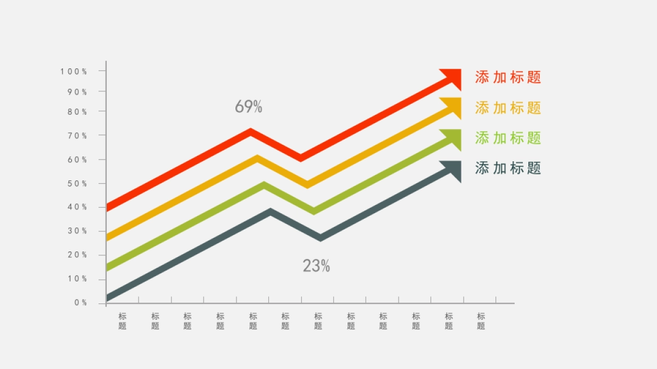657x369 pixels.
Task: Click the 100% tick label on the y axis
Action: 74,71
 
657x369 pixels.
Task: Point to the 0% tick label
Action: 80,303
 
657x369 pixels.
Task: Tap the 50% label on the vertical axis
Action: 77,184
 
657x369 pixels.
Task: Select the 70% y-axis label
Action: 77,136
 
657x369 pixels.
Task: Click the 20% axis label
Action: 77,255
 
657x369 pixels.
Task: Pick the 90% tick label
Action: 77,92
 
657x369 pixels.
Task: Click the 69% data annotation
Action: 249,107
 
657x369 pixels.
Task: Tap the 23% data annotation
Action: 316,266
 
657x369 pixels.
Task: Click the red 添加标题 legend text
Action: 508,77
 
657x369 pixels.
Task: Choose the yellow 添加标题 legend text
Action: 508,108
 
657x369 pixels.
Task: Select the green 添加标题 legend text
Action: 508,138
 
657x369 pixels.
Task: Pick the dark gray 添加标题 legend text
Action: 508,168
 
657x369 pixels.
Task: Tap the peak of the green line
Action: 264,185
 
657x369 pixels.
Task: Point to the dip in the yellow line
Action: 307,184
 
